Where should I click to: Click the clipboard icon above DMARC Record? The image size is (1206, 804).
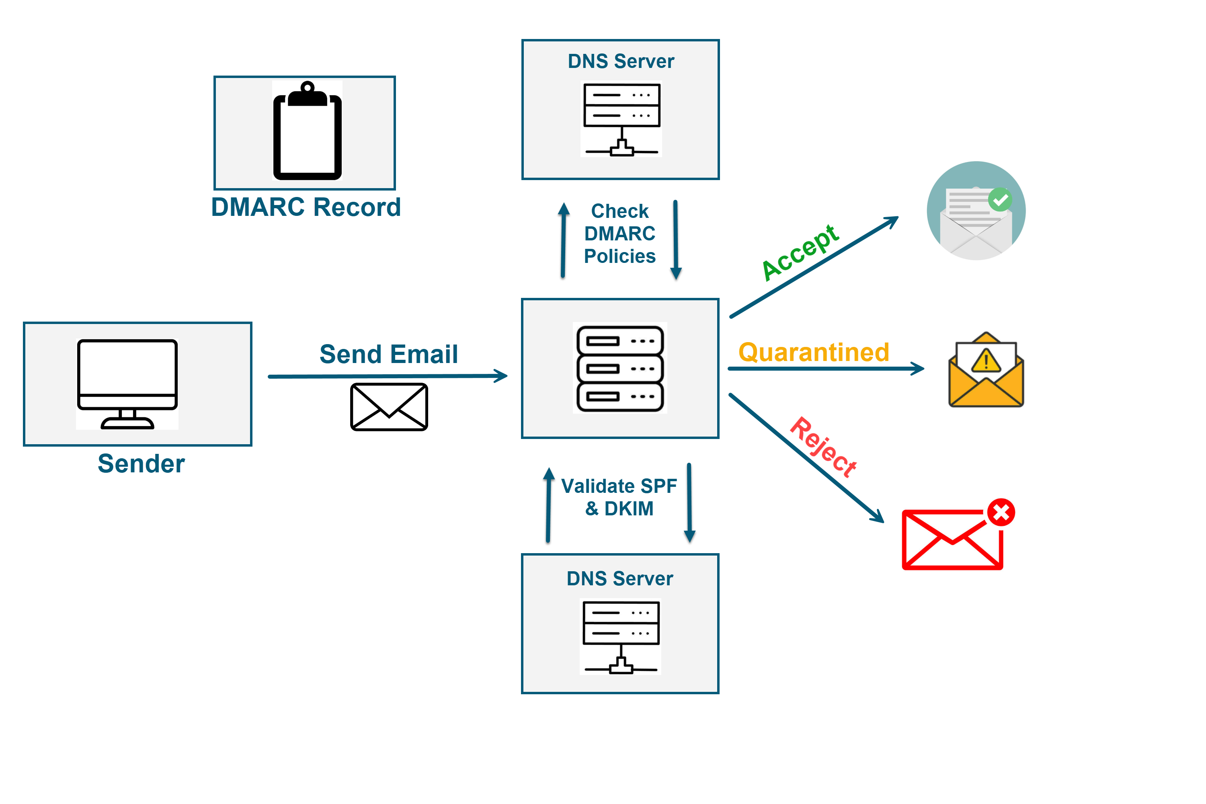307,131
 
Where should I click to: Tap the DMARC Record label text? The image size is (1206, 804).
306,207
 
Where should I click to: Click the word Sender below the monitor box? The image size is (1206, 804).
141,464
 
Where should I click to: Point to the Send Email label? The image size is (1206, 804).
388,354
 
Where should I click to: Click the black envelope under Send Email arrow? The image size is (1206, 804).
389,406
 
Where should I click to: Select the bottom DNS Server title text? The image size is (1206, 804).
619,578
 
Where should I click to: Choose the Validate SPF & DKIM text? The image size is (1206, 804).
619,497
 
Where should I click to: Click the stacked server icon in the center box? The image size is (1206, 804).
620,368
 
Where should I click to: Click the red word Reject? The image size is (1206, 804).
822,447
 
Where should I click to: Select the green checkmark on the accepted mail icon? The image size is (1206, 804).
1000,199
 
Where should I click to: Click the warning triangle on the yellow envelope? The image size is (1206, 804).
986,361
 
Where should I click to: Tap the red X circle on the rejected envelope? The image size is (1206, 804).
1001,512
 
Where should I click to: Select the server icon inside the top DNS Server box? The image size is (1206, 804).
621,119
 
